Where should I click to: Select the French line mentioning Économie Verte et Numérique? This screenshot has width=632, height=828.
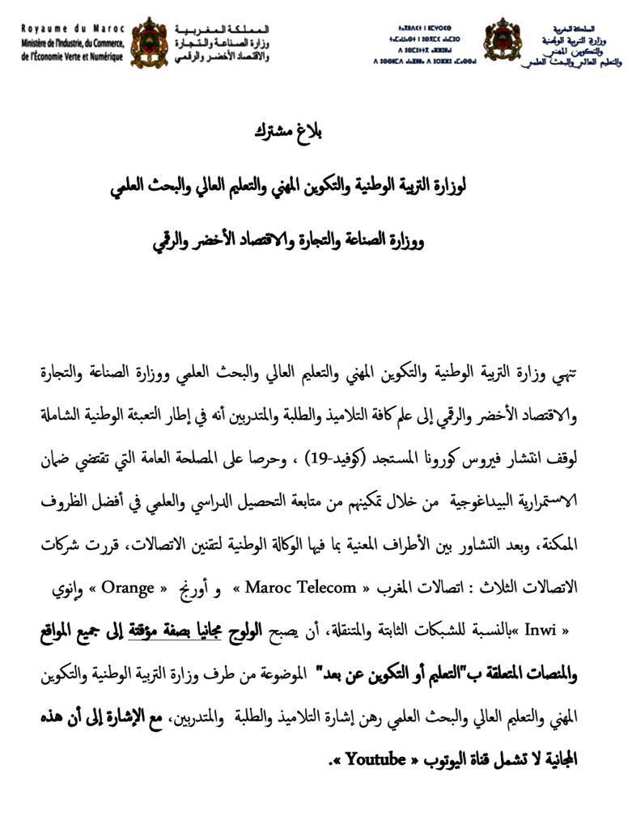[x=73, y=57]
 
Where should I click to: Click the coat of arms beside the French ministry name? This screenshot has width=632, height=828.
[x=149, y=42]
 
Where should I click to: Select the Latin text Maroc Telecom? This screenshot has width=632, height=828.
[x=299, y=587]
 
